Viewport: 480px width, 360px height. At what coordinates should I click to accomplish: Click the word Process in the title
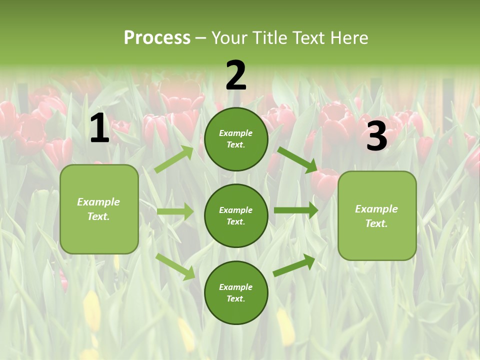157,38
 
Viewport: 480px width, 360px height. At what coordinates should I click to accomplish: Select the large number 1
99,128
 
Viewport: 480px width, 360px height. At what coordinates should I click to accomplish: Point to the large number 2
236,75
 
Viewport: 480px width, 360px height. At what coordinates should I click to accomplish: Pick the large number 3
376,136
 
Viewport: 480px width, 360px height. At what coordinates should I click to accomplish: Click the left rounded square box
99,209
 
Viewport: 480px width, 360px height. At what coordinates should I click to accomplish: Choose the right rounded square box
377,215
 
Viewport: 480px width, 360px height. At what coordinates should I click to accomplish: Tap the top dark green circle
236,139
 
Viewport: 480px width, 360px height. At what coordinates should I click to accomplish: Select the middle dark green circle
236,215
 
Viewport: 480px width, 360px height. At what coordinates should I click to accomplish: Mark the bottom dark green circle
236,292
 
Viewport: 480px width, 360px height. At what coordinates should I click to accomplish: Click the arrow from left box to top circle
174,159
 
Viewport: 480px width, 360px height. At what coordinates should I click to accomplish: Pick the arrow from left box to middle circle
175,211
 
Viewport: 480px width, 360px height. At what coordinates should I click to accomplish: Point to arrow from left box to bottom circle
175,266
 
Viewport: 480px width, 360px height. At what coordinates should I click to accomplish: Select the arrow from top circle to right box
297,159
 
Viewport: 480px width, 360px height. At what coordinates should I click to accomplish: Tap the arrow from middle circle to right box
296,210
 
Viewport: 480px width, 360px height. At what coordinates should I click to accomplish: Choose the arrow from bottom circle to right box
294,265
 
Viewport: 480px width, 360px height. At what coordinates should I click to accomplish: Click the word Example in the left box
98,202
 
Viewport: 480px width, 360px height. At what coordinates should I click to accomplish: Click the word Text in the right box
376,223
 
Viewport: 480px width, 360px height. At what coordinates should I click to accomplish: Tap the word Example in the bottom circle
235,287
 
